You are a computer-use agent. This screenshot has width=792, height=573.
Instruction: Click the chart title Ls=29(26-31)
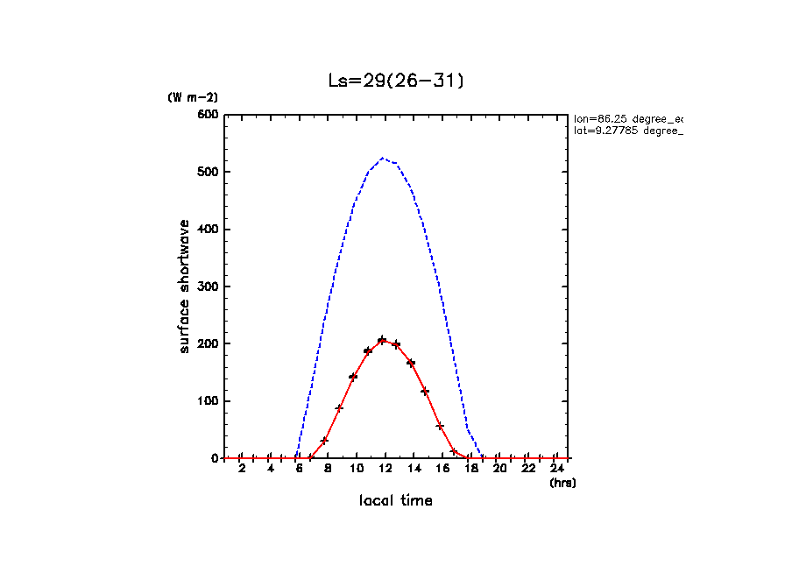[x=395, y=81]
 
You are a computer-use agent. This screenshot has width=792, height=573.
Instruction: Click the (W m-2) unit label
[x=192, y=97]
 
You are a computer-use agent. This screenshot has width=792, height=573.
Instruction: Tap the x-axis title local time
[x=395, y=501]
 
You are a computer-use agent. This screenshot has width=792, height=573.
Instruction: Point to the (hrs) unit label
[x=562, y=483]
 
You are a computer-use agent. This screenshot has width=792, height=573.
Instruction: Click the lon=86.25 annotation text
[x=627, y=117]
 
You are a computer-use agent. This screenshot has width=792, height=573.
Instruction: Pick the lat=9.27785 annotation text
[x=627, y=131]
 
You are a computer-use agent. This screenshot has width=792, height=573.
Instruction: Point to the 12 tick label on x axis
[x=385, y=470]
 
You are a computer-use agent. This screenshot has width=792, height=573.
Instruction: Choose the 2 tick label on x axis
[x=242, y=470]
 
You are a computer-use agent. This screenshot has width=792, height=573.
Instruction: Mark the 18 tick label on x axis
[x=470, y=470]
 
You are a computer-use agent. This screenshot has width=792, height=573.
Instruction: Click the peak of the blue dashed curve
[x=383, y=159]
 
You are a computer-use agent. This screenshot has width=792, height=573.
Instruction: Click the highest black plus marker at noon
[x=382, y=340]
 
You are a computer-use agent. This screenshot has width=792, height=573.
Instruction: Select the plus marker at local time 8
[x=324, y=441]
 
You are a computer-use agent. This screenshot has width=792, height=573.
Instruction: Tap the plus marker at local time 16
[x=440, y=426]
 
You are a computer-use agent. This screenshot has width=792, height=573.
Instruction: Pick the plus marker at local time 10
[x=353, y=377]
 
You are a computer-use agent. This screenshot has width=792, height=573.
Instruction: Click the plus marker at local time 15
[x=425, y=392]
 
